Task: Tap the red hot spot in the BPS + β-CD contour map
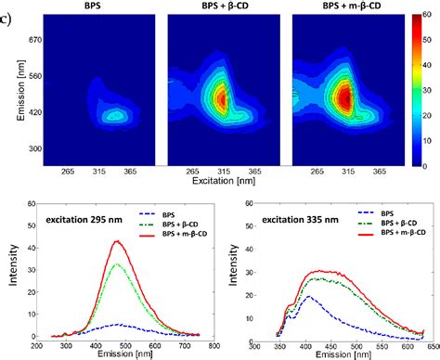tap(221, 98)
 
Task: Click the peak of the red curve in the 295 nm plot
tap(118, 242)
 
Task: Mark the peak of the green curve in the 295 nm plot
tap(118, 264)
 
